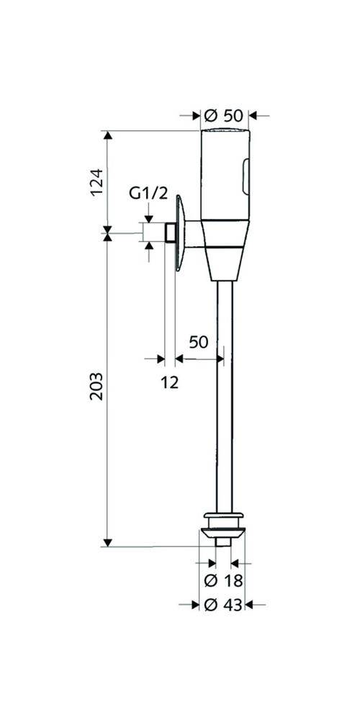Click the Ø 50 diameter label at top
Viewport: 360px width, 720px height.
224,115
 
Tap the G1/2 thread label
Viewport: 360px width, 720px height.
148,194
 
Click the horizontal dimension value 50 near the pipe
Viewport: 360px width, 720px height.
198,342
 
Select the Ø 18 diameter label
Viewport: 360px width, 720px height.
224,580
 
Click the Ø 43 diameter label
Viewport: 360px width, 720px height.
224,606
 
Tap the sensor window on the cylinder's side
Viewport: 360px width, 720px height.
246,177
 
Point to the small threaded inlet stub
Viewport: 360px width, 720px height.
170,233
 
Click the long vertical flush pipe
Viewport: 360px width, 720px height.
223,396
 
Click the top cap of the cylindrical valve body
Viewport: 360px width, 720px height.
224,133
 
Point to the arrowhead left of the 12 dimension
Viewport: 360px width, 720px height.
161,358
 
